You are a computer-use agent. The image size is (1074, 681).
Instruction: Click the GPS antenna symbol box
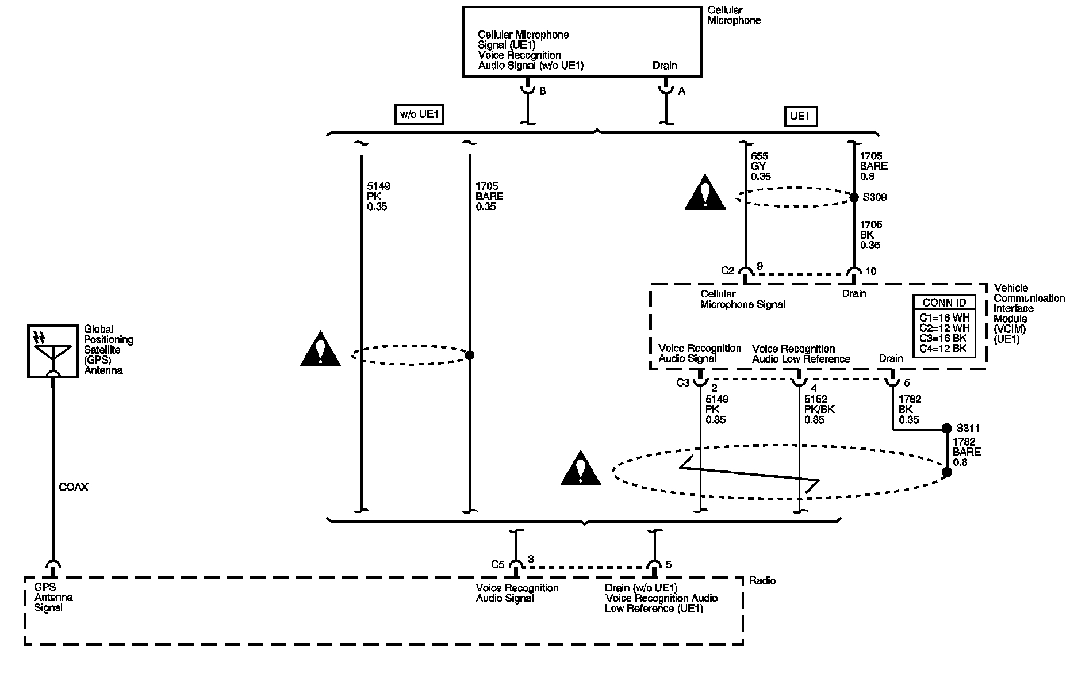[x=53, y=351]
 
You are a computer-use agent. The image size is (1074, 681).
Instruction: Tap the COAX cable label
[x=74, y=487]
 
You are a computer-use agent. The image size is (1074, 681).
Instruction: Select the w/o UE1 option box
[x=420, y=115]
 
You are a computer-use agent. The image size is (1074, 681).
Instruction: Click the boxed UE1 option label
[x=801, y=117]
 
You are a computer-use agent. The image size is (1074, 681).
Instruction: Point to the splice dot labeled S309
[x=854, y=197]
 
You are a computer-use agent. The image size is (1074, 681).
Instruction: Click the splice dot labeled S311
[x=947, y=429]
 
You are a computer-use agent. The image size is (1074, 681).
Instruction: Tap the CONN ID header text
[x=944, y=303]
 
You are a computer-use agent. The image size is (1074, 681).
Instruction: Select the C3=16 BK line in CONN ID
[x=943, y=338]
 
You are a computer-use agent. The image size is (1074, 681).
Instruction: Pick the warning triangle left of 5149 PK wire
[x=320, y=349]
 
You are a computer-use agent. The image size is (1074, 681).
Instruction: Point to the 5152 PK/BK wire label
[x=819, y=410]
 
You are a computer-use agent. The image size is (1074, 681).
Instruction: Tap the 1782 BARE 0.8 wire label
[x=967, y=452]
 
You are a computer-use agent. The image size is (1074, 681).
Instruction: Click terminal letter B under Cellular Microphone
[x=542, y=91]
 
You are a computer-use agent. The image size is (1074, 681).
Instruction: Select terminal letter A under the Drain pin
[x=682, y=91]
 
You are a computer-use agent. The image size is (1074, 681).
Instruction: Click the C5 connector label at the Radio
[x=498, y=564]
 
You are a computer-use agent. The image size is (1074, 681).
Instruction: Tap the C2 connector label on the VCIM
[x=728, y=270]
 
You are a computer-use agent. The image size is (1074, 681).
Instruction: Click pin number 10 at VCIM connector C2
[x=871, y=271]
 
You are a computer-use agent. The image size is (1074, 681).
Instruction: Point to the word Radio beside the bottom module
[x=762, y=581]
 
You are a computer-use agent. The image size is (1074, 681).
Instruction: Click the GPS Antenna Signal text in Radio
[x=53, y=598]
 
